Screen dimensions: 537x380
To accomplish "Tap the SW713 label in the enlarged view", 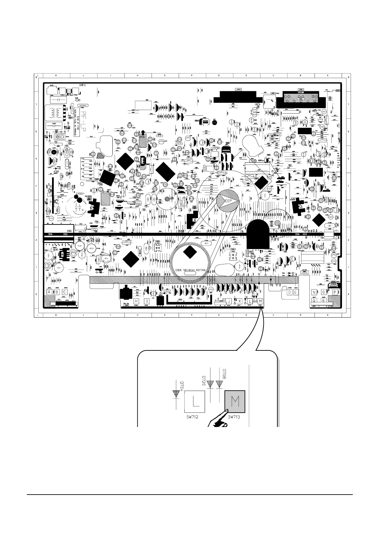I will (x=234, y=417).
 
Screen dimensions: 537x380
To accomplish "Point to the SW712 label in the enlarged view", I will (x=192, y=417).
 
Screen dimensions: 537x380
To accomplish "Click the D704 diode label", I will (x=182, y=386).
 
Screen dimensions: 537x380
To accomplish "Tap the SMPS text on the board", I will (x=83, y=85).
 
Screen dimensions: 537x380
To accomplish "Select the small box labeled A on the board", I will (x=49, y=292).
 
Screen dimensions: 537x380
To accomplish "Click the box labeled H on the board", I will (x=137, y=301).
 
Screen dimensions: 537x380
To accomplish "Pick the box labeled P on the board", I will (x=335, y=292).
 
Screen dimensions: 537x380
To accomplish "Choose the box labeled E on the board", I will (x=295, y=292).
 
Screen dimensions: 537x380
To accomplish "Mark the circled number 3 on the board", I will (x=48, y=266).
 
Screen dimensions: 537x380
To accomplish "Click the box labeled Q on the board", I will (x=315, y=300).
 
